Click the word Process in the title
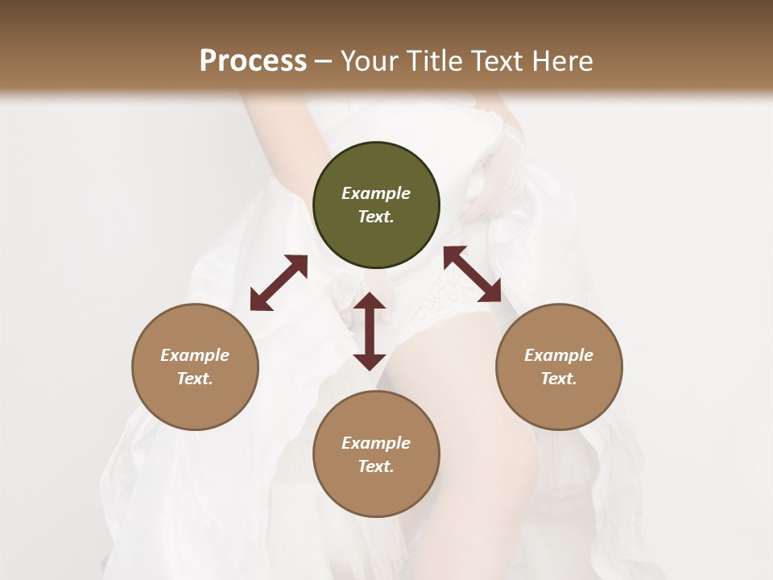(253, 61)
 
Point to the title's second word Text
(497, 61)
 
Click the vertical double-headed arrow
(370, 331)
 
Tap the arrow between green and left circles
(279, 283)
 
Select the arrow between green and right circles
(472, 274)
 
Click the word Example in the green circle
(376, 193)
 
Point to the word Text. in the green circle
(376, 217)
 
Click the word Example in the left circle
(195, 355)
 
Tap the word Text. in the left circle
(195, 379)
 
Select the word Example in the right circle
(559, 355)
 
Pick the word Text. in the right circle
(559, 379)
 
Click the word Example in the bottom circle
(376, 443)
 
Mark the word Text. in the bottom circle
(376, 466)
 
